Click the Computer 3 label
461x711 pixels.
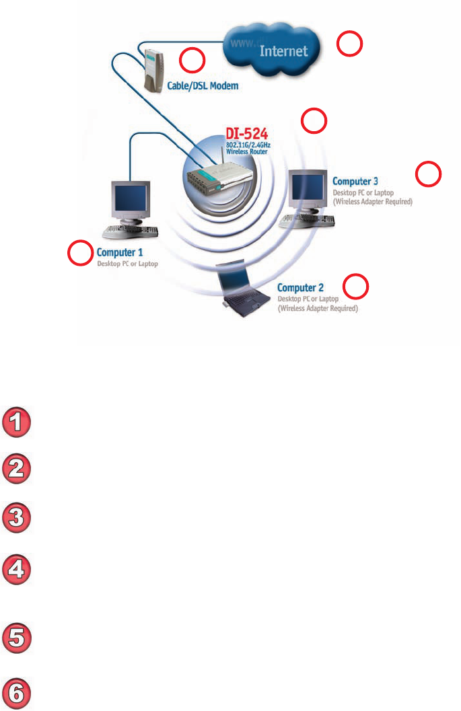tap(355, 181)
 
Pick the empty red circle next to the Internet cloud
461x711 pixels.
tap(350, 44)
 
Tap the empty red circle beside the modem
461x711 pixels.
tap(192, 61)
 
